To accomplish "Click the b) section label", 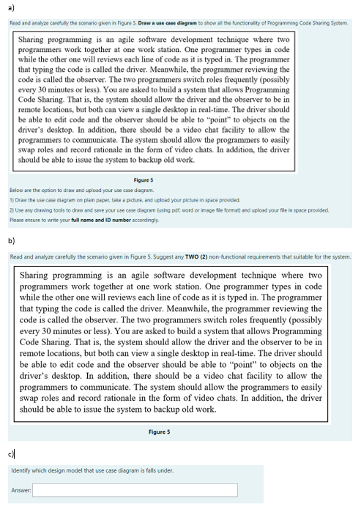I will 12,240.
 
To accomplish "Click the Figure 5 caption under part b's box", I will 159,432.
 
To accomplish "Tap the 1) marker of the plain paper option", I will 12,199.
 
